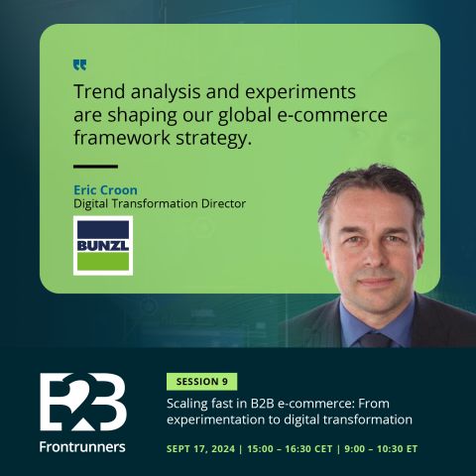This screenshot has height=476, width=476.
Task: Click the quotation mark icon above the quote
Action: coord(79,65)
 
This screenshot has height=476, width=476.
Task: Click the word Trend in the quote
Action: coord(99,91)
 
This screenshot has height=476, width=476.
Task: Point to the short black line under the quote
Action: coord(95,167)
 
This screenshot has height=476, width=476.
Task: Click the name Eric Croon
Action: coord(105,190)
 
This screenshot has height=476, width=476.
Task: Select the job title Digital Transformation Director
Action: coord(160,203)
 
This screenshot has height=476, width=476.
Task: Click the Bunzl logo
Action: coord(103,246)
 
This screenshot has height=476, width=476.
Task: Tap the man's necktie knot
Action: coord(375,340)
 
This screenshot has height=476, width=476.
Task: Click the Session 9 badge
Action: coord(202,382)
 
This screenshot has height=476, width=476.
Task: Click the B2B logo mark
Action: coord(83,402)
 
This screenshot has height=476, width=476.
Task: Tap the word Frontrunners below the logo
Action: coord(82,447)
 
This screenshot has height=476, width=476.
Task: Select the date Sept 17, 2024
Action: coord(200,449)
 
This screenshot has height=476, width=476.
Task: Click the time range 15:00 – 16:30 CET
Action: coord(290,449)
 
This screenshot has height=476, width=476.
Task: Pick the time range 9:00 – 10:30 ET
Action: coord(381,449)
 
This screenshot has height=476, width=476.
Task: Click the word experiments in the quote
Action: coord(300,92)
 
